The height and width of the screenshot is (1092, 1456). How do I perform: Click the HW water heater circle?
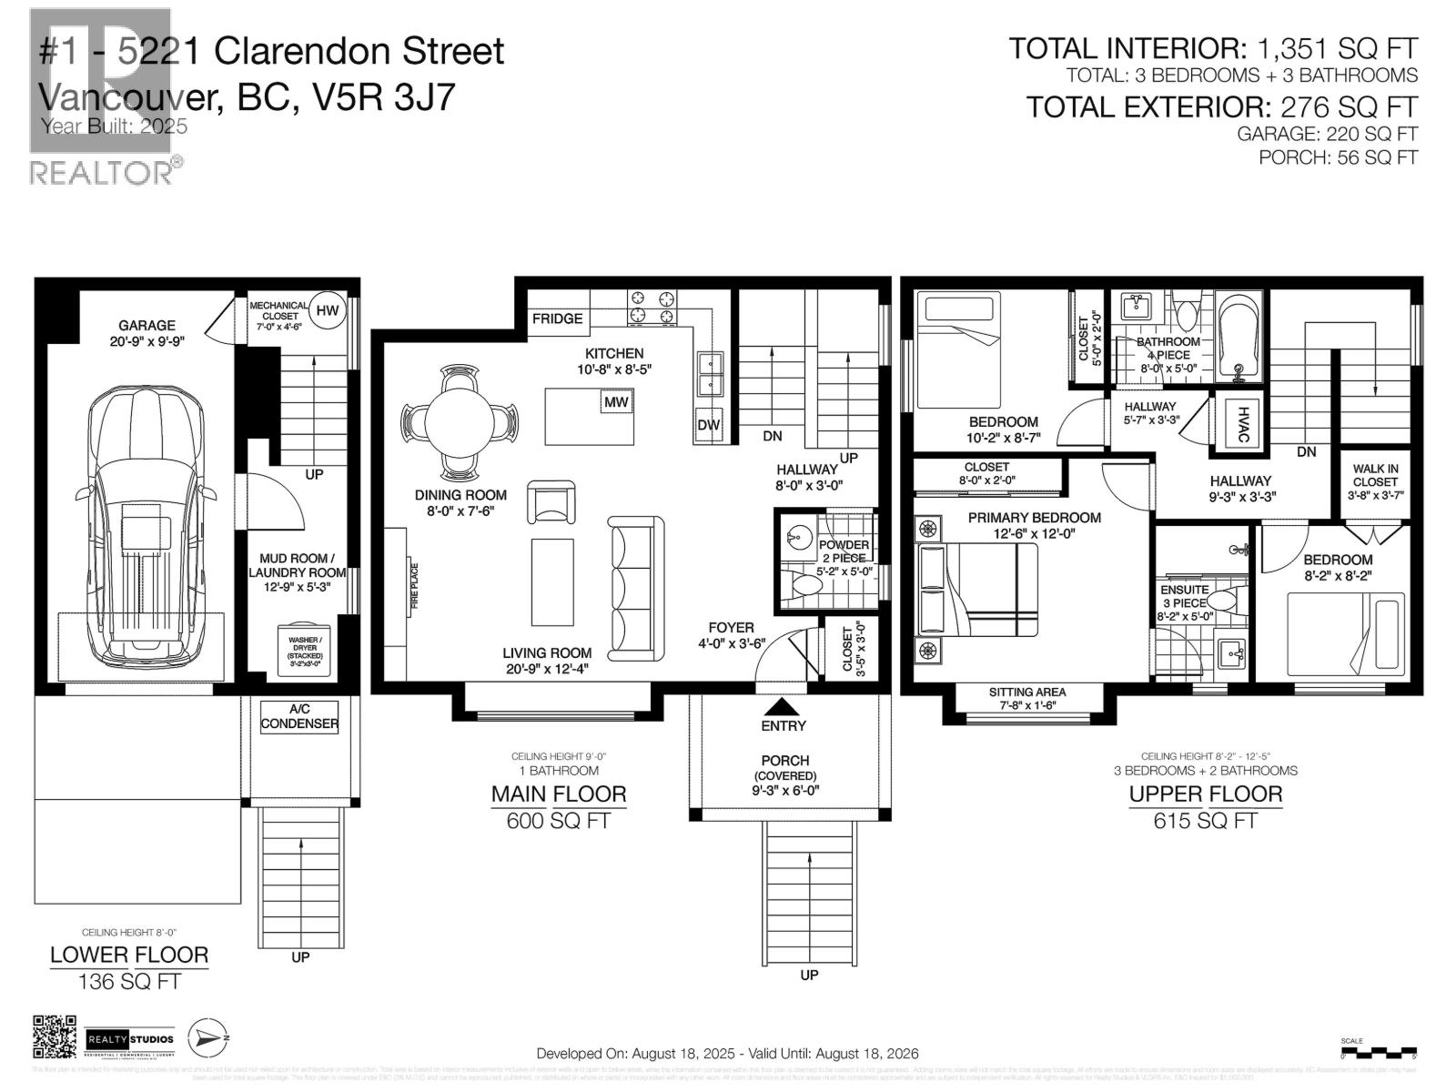click(x=327, y=311)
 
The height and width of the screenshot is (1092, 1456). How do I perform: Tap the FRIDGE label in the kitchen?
click(x=557, y=318)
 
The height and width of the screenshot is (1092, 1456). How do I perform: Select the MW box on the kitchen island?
click(x=616, y=401)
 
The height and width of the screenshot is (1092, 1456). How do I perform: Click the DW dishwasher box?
click(x=709, y=425)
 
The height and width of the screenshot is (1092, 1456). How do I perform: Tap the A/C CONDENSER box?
click(x=299, y=716)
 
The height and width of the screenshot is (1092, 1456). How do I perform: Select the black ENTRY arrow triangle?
click(x=783, y=706)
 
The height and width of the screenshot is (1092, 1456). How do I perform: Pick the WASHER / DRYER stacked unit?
click(x=305, y=649)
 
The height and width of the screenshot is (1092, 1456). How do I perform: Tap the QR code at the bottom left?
click(x=56, y=1038)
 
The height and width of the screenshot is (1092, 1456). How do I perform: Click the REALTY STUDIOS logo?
click(x=130, y=1039)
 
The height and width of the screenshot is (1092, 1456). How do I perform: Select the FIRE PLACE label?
click(x=415, y=586)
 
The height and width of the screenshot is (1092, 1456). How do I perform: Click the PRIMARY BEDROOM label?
click(x=1034, y=518)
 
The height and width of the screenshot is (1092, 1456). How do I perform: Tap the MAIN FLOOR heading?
click(x=559, y=794)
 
